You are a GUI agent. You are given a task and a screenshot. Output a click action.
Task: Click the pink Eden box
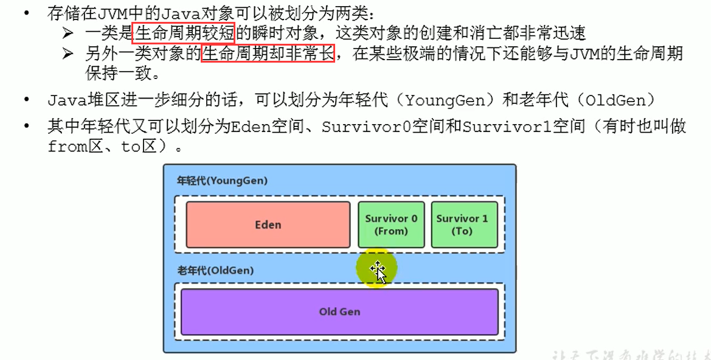click(x=268, y=224)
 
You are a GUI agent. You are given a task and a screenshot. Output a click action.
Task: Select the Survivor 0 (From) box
click(x=391, y=224)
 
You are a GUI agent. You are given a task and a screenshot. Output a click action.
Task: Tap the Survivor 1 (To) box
click(x=462, y=224)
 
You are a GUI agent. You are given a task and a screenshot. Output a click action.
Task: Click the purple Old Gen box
click(x=339, y=311)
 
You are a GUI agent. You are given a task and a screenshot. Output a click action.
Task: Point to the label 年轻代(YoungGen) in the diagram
click(x=222, y=181)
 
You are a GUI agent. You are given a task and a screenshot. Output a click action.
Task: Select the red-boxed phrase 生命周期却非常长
click(x=268, y=54)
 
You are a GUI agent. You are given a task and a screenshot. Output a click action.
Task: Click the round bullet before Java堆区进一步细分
click(x=26, y=100)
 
